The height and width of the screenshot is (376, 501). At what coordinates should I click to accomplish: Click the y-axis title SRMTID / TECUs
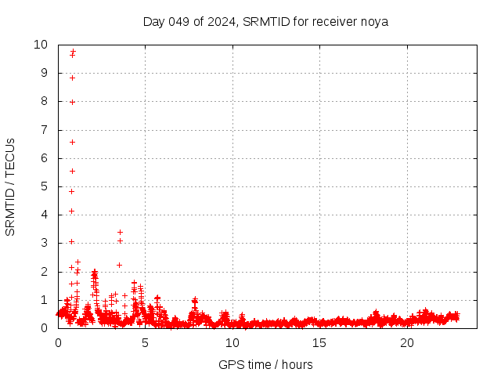tap(11, 186)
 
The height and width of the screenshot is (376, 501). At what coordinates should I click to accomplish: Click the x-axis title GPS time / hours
tap(265, 364)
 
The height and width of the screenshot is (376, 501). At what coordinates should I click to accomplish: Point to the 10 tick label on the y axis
tap(41, 45)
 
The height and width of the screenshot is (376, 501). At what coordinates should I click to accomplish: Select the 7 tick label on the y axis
tap(45, 130)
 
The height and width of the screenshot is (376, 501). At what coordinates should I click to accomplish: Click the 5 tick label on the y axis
tap(45, 186)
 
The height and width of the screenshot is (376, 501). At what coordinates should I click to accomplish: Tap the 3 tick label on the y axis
tap(45, 243)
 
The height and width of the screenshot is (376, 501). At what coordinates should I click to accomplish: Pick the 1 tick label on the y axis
tap(45, 300)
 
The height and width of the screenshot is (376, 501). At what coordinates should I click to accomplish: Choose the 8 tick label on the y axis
tap(45, 102)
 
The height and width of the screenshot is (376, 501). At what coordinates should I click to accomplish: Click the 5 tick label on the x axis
tap(145, 342)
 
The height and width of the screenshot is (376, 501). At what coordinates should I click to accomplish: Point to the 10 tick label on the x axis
tap(232, 342)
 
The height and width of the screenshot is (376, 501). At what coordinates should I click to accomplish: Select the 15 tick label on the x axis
tap(319, 342)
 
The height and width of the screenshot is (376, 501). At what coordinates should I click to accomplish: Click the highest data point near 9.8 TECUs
tap(73, 52)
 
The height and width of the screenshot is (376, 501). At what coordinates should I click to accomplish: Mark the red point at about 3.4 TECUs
tap(120, 232)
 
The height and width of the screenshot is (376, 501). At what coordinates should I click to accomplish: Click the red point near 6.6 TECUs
tap(72, 142)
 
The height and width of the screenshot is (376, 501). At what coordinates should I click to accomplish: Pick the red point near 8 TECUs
tap(72, 102)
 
